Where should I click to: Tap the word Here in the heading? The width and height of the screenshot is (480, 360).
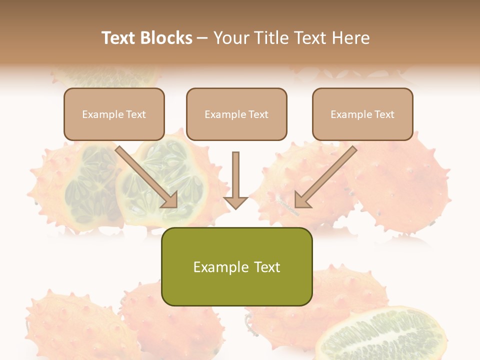350,38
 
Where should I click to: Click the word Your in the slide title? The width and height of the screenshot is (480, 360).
232,38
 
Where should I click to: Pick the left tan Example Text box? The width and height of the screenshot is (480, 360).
114,114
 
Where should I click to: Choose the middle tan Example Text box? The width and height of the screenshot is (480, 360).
236,114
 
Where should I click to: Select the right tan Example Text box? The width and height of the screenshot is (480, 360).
362,114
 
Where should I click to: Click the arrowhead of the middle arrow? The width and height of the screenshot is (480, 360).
235,202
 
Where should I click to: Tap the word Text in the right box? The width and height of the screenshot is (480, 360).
384,114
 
